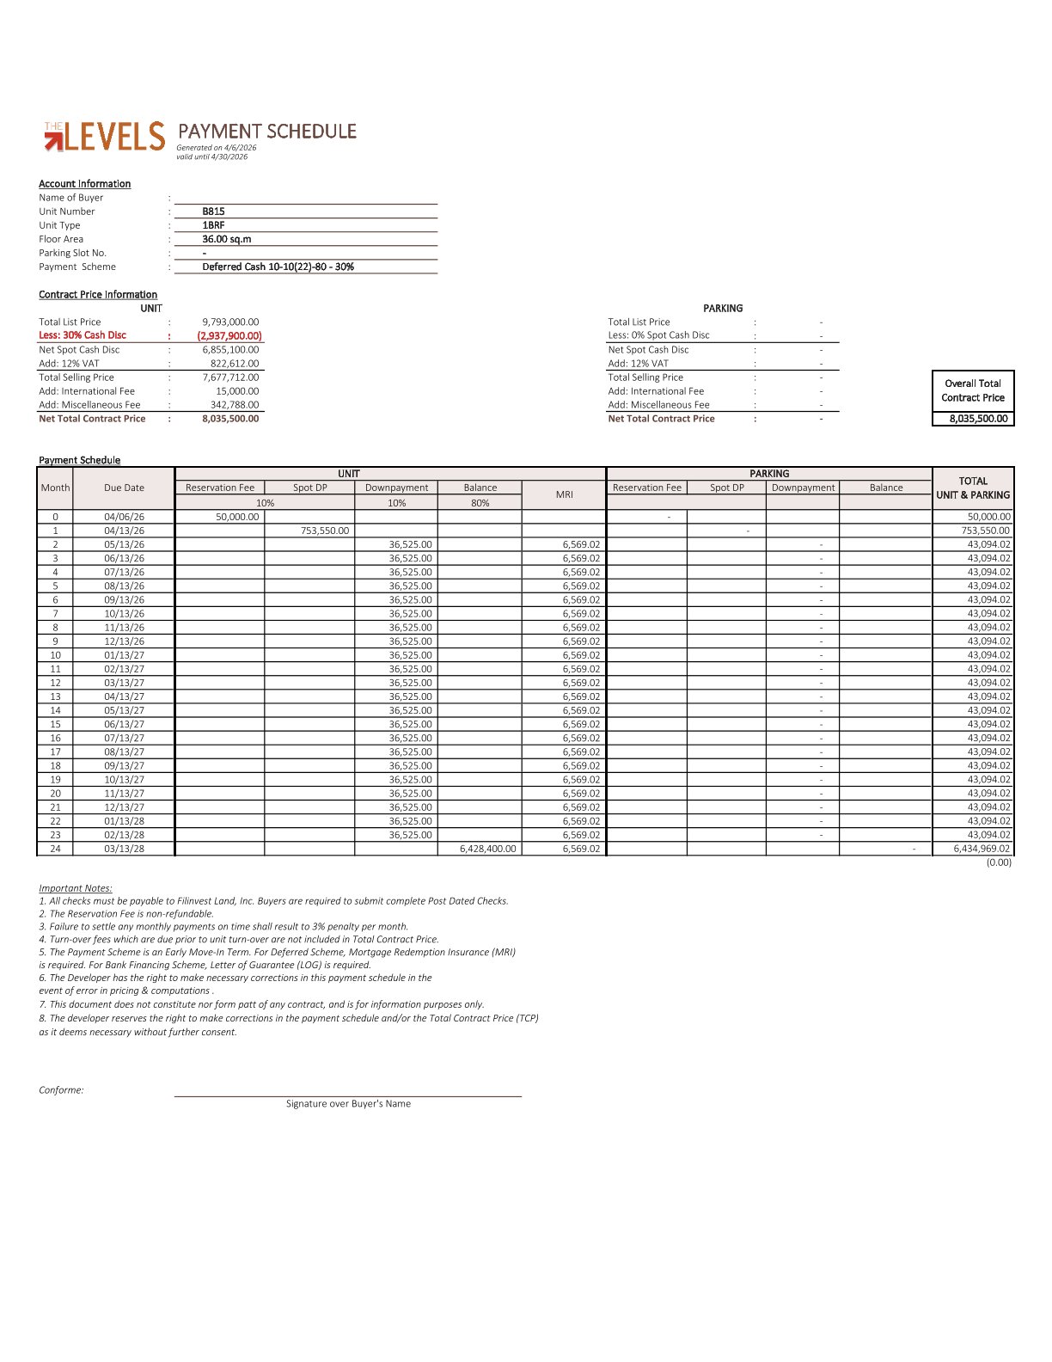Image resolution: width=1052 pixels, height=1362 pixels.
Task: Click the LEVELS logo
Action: tap(104, 137)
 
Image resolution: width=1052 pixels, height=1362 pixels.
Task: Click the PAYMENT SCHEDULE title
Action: tap(266, 132)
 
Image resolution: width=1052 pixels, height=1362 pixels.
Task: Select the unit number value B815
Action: tap(213, 212)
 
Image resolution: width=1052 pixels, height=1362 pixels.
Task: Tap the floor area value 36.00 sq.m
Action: tap(227, 239)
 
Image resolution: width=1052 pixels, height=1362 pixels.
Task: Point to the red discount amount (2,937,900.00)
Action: tap(229, 336)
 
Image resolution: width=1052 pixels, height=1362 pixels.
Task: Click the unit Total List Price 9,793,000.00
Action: tap(230, 322)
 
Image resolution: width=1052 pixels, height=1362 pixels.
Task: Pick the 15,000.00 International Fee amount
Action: tap(237, 391)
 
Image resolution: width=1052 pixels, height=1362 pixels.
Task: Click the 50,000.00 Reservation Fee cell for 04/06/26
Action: tap(237, 517)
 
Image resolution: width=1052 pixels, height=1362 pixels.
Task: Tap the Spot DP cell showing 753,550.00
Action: tap(325, 531)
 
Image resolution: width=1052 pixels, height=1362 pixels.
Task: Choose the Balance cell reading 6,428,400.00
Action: tap(488, 849)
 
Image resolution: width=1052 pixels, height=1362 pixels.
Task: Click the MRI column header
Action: tap(564, 494)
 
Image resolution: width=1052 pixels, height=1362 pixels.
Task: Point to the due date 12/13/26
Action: tap(124, 641)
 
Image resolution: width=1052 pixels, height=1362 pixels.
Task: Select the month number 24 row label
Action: tap(55, 849)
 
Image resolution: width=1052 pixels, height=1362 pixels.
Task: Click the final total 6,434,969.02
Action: tap(982, 849)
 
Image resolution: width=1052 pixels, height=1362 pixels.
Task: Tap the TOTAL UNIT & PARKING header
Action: tap(973, 488)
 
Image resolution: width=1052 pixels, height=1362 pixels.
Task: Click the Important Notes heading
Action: tap(76, 888)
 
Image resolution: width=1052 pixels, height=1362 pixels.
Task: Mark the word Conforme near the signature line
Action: tap(61, 1090)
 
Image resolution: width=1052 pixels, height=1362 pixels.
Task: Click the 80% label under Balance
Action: tap(480, 503)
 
